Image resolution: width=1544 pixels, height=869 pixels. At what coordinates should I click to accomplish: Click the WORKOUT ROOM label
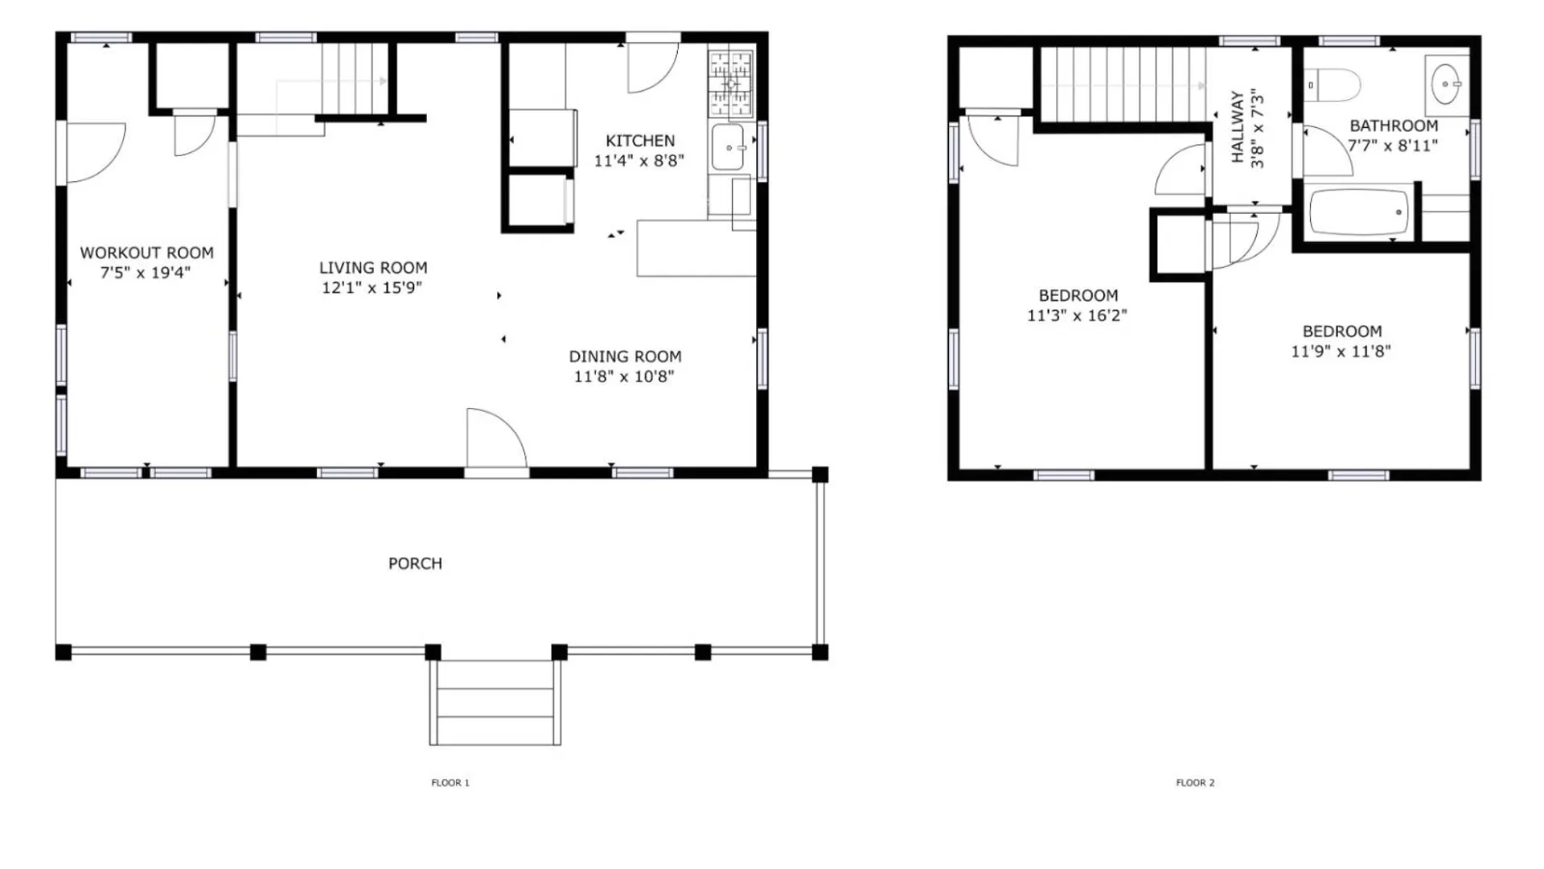coord(146,253)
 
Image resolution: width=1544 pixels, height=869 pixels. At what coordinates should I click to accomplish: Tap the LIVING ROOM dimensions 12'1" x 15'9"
coord(372,287)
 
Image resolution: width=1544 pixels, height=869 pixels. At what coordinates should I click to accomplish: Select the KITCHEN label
coord(640,141)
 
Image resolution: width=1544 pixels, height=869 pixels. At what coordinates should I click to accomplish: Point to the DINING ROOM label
coord(625,356)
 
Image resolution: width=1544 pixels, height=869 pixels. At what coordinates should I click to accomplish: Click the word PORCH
coord(415,563)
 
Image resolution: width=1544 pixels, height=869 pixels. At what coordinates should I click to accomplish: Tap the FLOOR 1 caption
coord(450,782)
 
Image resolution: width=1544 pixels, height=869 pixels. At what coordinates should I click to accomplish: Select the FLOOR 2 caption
coord(1195,782)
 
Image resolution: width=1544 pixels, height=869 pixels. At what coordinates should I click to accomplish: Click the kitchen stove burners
coord(730,84)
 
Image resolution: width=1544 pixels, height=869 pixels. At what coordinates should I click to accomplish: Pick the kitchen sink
coord(728,147)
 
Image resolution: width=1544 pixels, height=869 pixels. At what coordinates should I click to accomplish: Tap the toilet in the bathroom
coord(1333,84)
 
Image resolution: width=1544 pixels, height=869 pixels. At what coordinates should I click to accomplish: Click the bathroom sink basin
coord(1446,84)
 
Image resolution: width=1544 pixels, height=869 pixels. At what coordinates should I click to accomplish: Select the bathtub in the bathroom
coord(1358,212)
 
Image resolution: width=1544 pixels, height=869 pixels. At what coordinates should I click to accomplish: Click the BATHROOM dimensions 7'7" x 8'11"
coord(1393,146)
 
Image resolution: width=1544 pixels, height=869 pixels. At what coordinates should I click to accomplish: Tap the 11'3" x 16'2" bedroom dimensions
coord(1077,315)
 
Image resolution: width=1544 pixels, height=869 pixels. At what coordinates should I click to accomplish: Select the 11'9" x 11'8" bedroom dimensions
coord(1341,351)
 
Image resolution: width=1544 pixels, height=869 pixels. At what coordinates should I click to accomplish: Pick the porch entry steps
coord(495,702)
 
